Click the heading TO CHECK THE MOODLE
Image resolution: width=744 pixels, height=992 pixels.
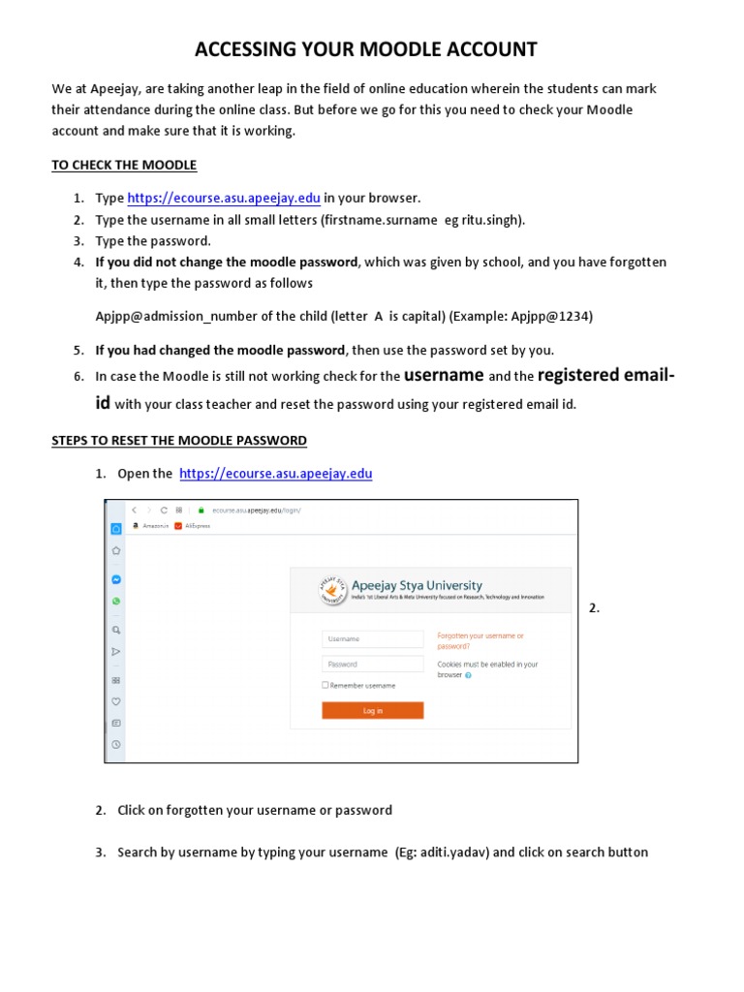click(124, 165)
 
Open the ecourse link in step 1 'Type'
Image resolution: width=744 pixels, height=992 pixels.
click(224, 198)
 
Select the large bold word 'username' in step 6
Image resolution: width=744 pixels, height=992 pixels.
click(444, 375)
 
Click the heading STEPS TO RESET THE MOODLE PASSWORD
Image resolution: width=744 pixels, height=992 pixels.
click(179, 440)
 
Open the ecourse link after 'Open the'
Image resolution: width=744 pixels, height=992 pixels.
click(276, 474)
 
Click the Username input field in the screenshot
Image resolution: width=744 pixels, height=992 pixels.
click(372, 639)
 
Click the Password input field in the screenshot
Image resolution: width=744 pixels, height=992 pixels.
click(372, 665)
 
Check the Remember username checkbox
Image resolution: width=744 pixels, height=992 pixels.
click(325, 685)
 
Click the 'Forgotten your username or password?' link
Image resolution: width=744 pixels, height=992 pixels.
click(480, 640)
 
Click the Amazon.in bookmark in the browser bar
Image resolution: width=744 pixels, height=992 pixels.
click(152, 527)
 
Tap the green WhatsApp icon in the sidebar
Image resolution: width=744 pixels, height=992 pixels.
click(116, 602)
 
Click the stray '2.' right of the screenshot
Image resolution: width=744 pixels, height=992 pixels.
click(594, 608)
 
